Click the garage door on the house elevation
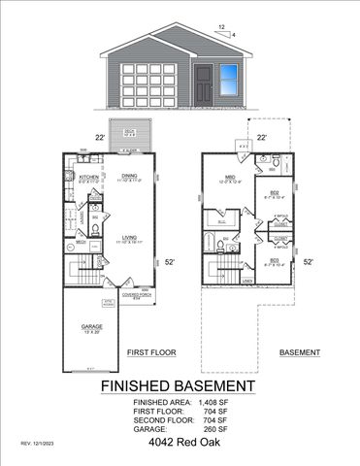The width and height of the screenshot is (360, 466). [x=147, y=83]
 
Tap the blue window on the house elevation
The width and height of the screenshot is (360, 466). [x=229, y=77]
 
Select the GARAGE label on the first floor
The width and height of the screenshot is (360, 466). [x=92, y=327]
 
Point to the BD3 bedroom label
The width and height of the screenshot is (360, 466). [x=275, y=259]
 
